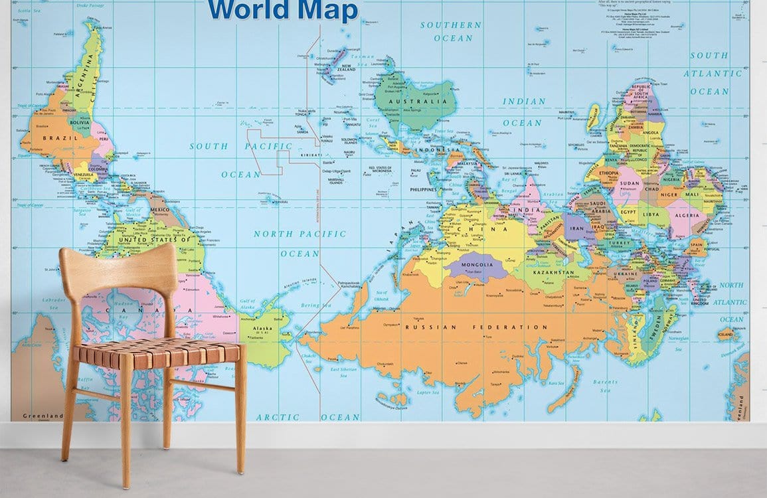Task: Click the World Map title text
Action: [x=282, y=11]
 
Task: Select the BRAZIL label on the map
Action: [x=61, y=137]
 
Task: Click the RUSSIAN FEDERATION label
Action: [x=476, y=327]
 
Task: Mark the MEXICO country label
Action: [x=160, y=209]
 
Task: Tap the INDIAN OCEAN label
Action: [x=523, y=112]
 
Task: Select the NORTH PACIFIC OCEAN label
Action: [x=299, y=243]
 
